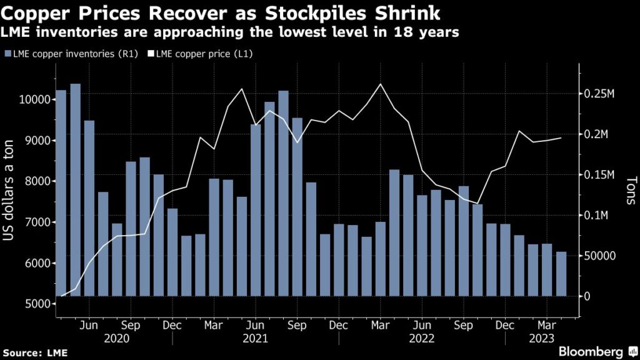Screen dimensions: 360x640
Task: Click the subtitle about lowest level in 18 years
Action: (x=231, y=32)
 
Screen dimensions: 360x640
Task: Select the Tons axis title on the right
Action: (x=629, y=191)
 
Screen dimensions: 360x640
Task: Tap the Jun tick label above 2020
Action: (x=89, y=326)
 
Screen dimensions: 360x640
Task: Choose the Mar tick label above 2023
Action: (x=547, y=326)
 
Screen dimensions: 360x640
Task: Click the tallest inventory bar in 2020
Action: (x=75, y=187)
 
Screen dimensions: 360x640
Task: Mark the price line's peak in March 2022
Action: (x=380, y=84)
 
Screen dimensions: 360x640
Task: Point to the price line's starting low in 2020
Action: (x=61, y=295)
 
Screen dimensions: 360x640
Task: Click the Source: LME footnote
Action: (x=34, y=353)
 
